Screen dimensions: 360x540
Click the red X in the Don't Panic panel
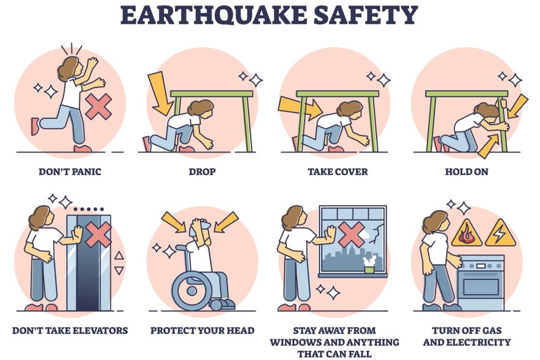coord(97,106)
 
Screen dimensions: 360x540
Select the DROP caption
coord(202,172)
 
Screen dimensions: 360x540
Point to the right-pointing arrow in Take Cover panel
coord(298,108)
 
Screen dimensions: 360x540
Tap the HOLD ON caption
coord(467,172)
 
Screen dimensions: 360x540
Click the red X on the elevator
coord(98,234)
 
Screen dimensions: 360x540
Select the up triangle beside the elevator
coord(119,255)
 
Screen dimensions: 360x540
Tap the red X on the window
coord(351,234)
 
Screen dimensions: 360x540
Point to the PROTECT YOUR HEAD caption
coord(202,331)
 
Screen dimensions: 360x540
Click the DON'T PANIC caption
coord(70,172)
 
